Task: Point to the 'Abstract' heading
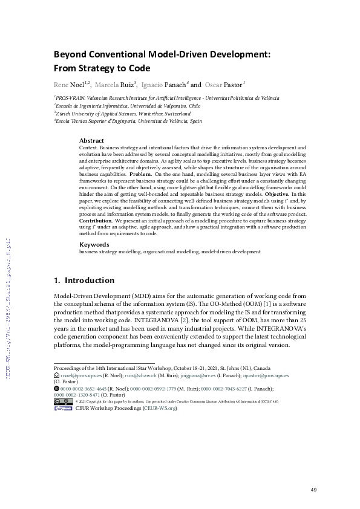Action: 92,140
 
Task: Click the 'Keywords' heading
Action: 94,244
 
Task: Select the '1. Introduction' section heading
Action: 84,280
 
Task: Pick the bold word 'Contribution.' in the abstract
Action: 96,221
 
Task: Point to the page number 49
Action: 313,490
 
